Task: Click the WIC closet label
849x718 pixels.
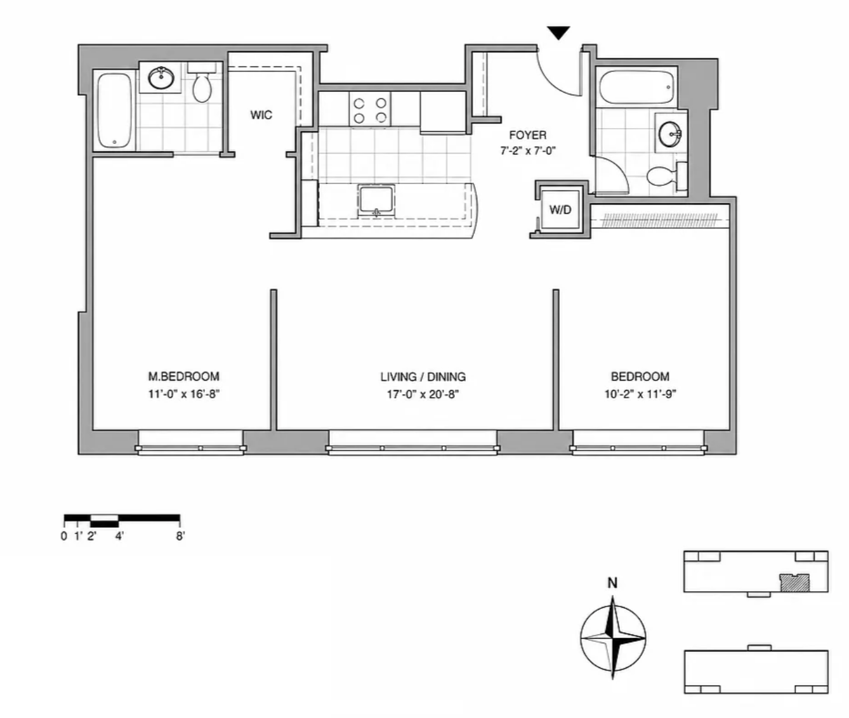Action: tap(261, 115)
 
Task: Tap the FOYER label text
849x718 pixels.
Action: tap(528, 135)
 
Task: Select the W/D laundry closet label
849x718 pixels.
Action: tap(560, 210)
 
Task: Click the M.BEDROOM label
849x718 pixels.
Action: tap(183, 377)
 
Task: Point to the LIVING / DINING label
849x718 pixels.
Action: tap(423, 377)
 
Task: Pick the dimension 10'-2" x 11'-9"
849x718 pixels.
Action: tap(640, 394)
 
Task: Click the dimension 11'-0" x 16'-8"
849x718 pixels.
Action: tap(183, 394)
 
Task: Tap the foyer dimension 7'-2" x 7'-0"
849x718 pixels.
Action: tap(528, 151)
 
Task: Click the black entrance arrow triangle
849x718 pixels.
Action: tap(558, 33)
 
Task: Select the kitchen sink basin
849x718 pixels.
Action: tap(376, 200)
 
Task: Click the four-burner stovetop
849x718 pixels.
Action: tap(370, 109)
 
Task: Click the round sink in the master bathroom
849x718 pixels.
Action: tap(161, 78)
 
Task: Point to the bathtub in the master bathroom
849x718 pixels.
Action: tap(115, 110)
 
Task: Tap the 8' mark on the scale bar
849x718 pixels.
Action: tap(180, 536)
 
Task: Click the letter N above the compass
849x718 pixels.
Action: tap(612, 583)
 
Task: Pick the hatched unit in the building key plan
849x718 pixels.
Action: tap(795, 583)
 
